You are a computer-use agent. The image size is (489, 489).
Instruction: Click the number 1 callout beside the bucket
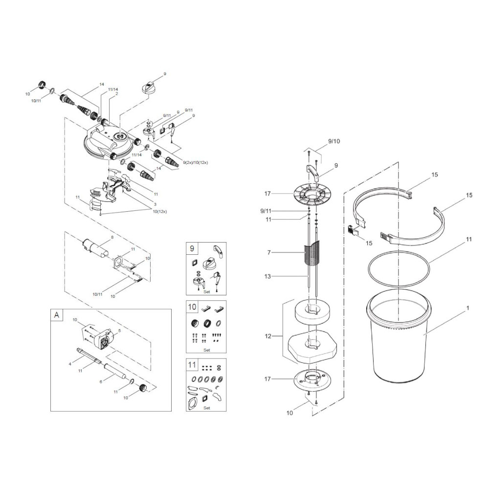pyautogui.click(x=468, y=308)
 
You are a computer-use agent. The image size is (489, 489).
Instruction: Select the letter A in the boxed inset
pyautogui.click(x=56, y=315)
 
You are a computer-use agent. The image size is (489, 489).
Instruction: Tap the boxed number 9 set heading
pyautogui.click(x=192, y=248)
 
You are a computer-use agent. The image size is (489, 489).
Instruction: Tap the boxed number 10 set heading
pyautogui.click(x=192, y=307)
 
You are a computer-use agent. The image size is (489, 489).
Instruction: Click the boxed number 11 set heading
pyautogui.click(x=192, y=365)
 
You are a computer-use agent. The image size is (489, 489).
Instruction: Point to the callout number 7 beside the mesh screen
pyautogui.click(x=269, y=253)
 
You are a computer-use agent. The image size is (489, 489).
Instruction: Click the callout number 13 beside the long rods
pyautogui.click(x=267, y=276)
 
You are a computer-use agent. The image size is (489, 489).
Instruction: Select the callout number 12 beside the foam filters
pyautogui.click(x=268, y=336)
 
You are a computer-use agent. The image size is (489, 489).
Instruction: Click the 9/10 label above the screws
pyautogui.click(x=334, y=141)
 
